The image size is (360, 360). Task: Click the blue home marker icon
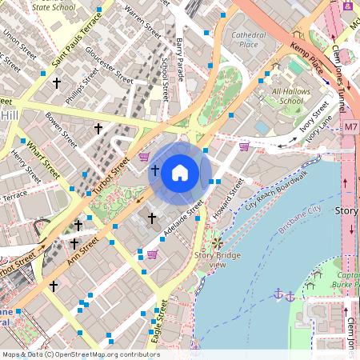click(180, 173)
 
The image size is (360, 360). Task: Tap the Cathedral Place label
click(248, 40)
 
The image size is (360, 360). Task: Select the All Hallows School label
click(288, 97)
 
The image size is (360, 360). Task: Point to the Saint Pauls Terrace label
click(76, 41)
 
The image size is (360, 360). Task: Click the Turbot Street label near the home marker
click(112, 175)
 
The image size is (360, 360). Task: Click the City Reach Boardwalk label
click(277, 190)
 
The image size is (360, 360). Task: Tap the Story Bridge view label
click(217, 260)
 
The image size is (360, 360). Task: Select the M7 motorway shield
click(351, 127)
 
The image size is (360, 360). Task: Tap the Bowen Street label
click(63, 130)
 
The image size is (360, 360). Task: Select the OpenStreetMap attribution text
click(80, 354)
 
